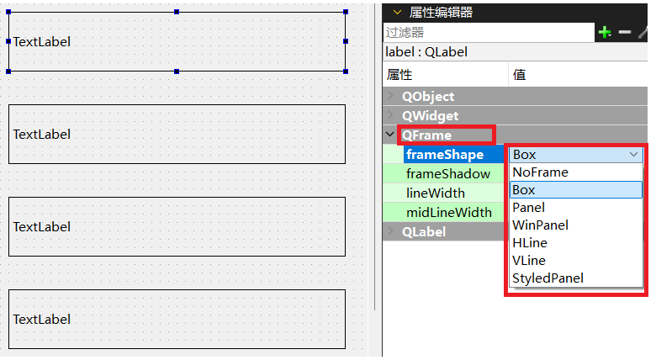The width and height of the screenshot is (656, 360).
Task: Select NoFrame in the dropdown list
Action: [x=540, y=172]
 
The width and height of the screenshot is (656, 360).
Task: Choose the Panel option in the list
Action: [x=528, y=208]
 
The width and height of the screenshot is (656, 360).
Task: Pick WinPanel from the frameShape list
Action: [x=540, y=225]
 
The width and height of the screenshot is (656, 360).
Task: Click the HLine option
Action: [x=529, y=243]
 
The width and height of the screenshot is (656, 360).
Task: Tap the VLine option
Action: [x=528, y=261]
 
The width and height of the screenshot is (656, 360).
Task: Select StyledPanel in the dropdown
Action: [x=548, y=278]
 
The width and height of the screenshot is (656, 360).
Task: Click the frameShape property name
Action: [x=445, y=155]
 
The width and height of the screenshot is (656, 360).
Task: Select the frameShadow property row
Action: [x=448, y=174]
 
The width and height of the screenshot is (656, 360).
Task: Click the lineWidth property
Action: [x=435, y=193]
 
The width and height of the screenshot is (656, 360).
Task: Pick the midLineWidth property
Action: [x=448, y=212]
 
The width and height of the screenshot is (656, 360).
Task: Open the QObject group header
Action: [x=427, y=97]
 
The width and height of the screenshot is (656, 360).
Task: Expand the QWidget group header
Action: [x=430, y=116]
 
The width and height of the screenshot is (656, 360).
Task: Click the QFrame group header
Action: [x=426, y=135]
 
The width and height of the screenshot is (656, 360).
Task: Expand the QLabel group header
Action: [x=424, y=231]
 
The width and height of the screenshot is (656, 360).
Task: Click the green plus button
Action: [x=604, y=32]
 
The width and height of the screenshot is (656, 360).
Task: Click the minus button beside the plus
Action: [x=624, y=32]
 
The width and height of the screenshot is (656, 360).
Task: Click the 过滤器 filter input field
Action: [x=488, y=33]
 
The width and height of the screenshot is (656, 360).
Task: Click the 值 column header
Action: [x=520, y=75]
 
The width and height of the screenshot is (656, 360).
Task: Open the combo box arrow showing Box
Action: [x=633, y=155]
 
